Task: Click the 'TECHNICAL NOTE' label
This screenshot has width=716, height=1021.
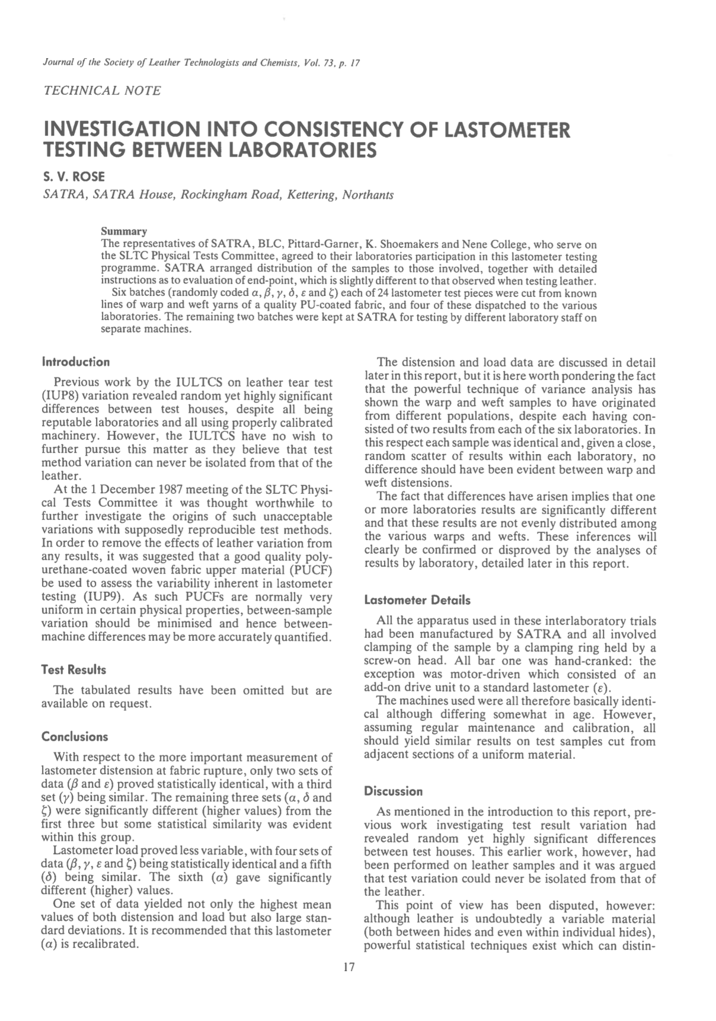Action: pos(102,91)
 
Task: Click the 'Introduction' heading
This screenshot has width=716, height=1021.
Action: pos(76,362)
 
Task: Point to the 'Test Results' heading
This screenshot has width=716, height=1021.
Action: pos(73,670)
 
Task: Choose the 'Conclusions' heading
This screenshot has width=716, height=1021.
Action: pos(75,737)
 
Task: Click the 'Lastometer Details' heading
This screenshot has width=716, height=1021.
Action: pos(417,600)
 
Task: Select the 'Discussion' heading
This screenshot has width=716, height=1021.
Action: pos(393,791)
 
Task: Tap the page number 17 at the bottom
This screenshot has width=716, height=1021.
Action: pos(349,967)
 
